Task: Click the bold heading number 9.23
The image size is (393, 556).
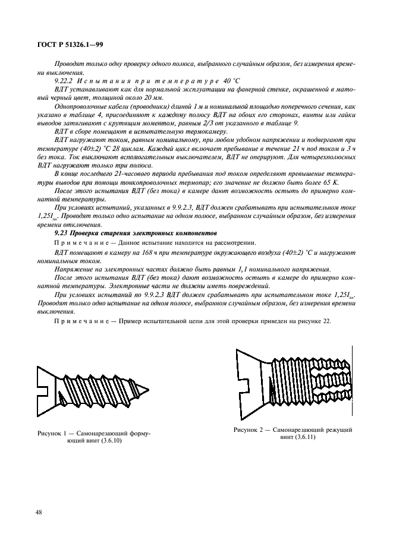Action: coord(62,234)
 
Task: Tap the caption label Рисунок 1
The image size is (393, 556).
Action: coord(54,434)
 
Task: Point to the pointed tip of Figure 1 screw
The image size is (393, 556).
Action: coord(165,387)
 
